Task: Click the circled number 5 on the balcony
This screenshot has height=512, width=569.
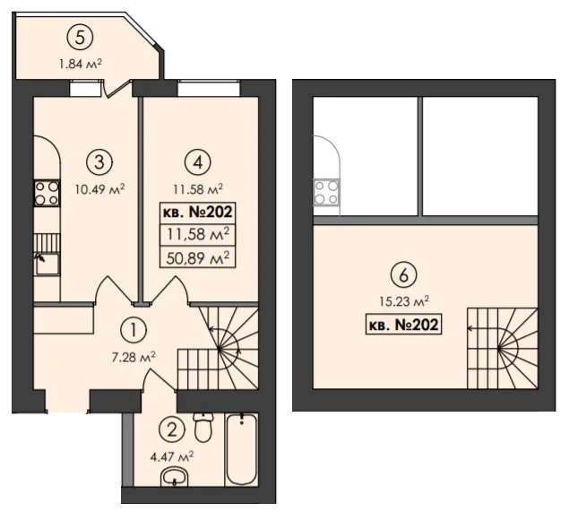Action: (80, 38)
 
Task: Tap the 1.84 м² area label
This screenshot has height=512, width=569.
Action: (81, 64)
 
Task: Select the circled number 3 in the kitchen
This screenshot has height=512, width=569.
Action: (99, 162)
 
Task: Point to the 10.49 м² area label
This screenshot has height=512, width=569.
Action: (100, 189)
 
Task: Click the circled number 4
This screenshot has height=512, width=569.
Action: (198, 162)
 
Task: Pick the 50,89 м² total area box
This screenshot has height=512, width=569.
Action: (198, 258)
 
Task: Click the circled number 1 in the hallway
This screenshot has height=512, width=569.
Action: (134, 330)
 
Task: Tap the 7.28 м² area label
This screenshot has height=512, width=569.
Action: (134, 357)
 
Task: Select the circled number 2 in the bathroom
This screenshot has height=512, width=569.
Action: (172, 430)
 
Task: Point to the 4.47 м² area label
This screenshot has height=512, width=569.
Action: (172, 456)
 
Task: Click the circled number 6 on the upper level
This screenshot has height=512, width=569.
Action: (403, 275)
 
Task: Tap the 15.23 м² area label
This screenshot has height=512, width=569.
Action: (404, 301)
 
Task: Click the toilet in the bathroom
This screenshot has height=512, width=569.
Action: (203, 427)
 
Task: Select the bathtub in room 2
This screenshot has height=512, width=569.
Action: (241, 449)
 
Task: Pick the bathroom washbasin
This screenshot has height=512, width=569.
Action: (175, 477)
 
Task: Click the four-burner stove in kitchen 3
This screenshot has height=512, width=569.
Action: (47, 193)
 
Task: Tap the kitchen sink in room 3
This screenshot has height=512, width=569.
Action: (47, 264)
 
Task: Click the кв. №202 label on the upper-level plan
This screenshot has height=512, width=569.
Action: (403, 324)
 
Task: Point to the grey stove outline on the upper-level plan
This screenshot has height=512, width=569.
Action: (326, 193)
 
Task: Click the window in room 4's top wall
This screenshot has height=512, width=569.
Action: (209, 88)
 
